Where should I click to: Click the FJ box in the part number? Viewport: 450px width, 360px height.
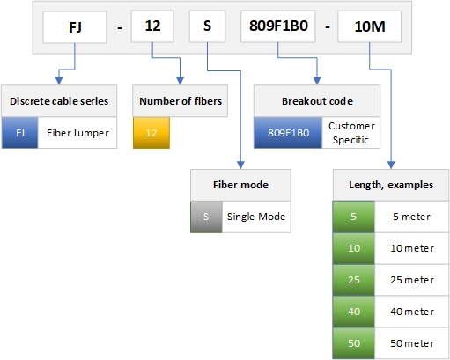pyautogui.click(x=75, y=27)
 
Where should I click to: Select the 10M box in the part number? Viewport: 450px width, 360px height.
pyautogui.click(x=369, y=26)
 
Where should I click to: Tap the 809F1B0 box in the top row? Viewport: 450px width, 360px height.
pyautogui.click(x=278, y=26)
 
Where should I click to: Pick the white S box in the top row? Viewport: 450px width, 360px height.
pyautogui.click(x=207, y=26)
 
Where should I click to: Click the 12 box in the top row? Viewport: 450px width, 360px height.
pyautogui.click(x=152, y=26)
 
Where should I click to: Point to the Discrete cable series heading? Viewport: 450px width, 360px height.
pyautogui.click(x=59, y=101)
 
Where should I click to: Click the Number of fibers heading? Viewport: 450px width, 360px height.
pyautogui.click(x=181, y=101)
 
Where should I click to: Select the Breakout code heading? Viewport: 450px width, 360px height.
pyautogui.click(x=317, y=101)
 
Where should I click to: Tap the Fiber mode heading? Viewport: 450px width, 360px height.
pyautogui.click(x=240, y=185)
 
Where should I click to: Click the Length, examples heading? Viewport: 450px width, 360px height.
pyautogui.click(x=391, y=185)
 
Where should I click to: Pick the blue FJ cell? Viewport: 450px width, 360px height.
pyautogui.click(x=19, y=133)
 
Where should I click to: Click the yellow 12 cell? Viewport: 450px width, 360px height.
pyautogui.click(x=151, y=133)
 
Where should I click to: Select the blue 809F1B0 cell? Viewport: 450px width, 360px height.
pyautogui.click(x=288, y=133)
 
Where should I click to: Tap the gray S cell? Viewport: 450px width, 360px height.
pyautogui.click(x=206, y=217)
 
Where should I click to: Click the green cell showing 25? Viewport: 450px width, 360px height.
pyautogui.click(x=354, y=280)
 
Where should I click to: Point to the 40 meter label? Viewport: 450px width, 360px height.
pyautogui.click(x=412, y=312)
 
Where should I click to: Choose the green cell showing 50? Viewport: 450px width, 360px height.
pyautogui.click(x=354, y=343)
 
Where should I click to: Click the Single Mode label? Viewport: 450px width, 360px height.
pyautogui.click(x=256, y=217)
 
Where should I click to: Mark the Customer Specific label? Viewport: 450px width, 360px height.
pyautogui.click(x=351, y=133)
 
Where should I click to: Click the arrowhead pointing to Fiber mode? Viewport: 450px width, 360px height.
pyautogui.click(x=240, y=165)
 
